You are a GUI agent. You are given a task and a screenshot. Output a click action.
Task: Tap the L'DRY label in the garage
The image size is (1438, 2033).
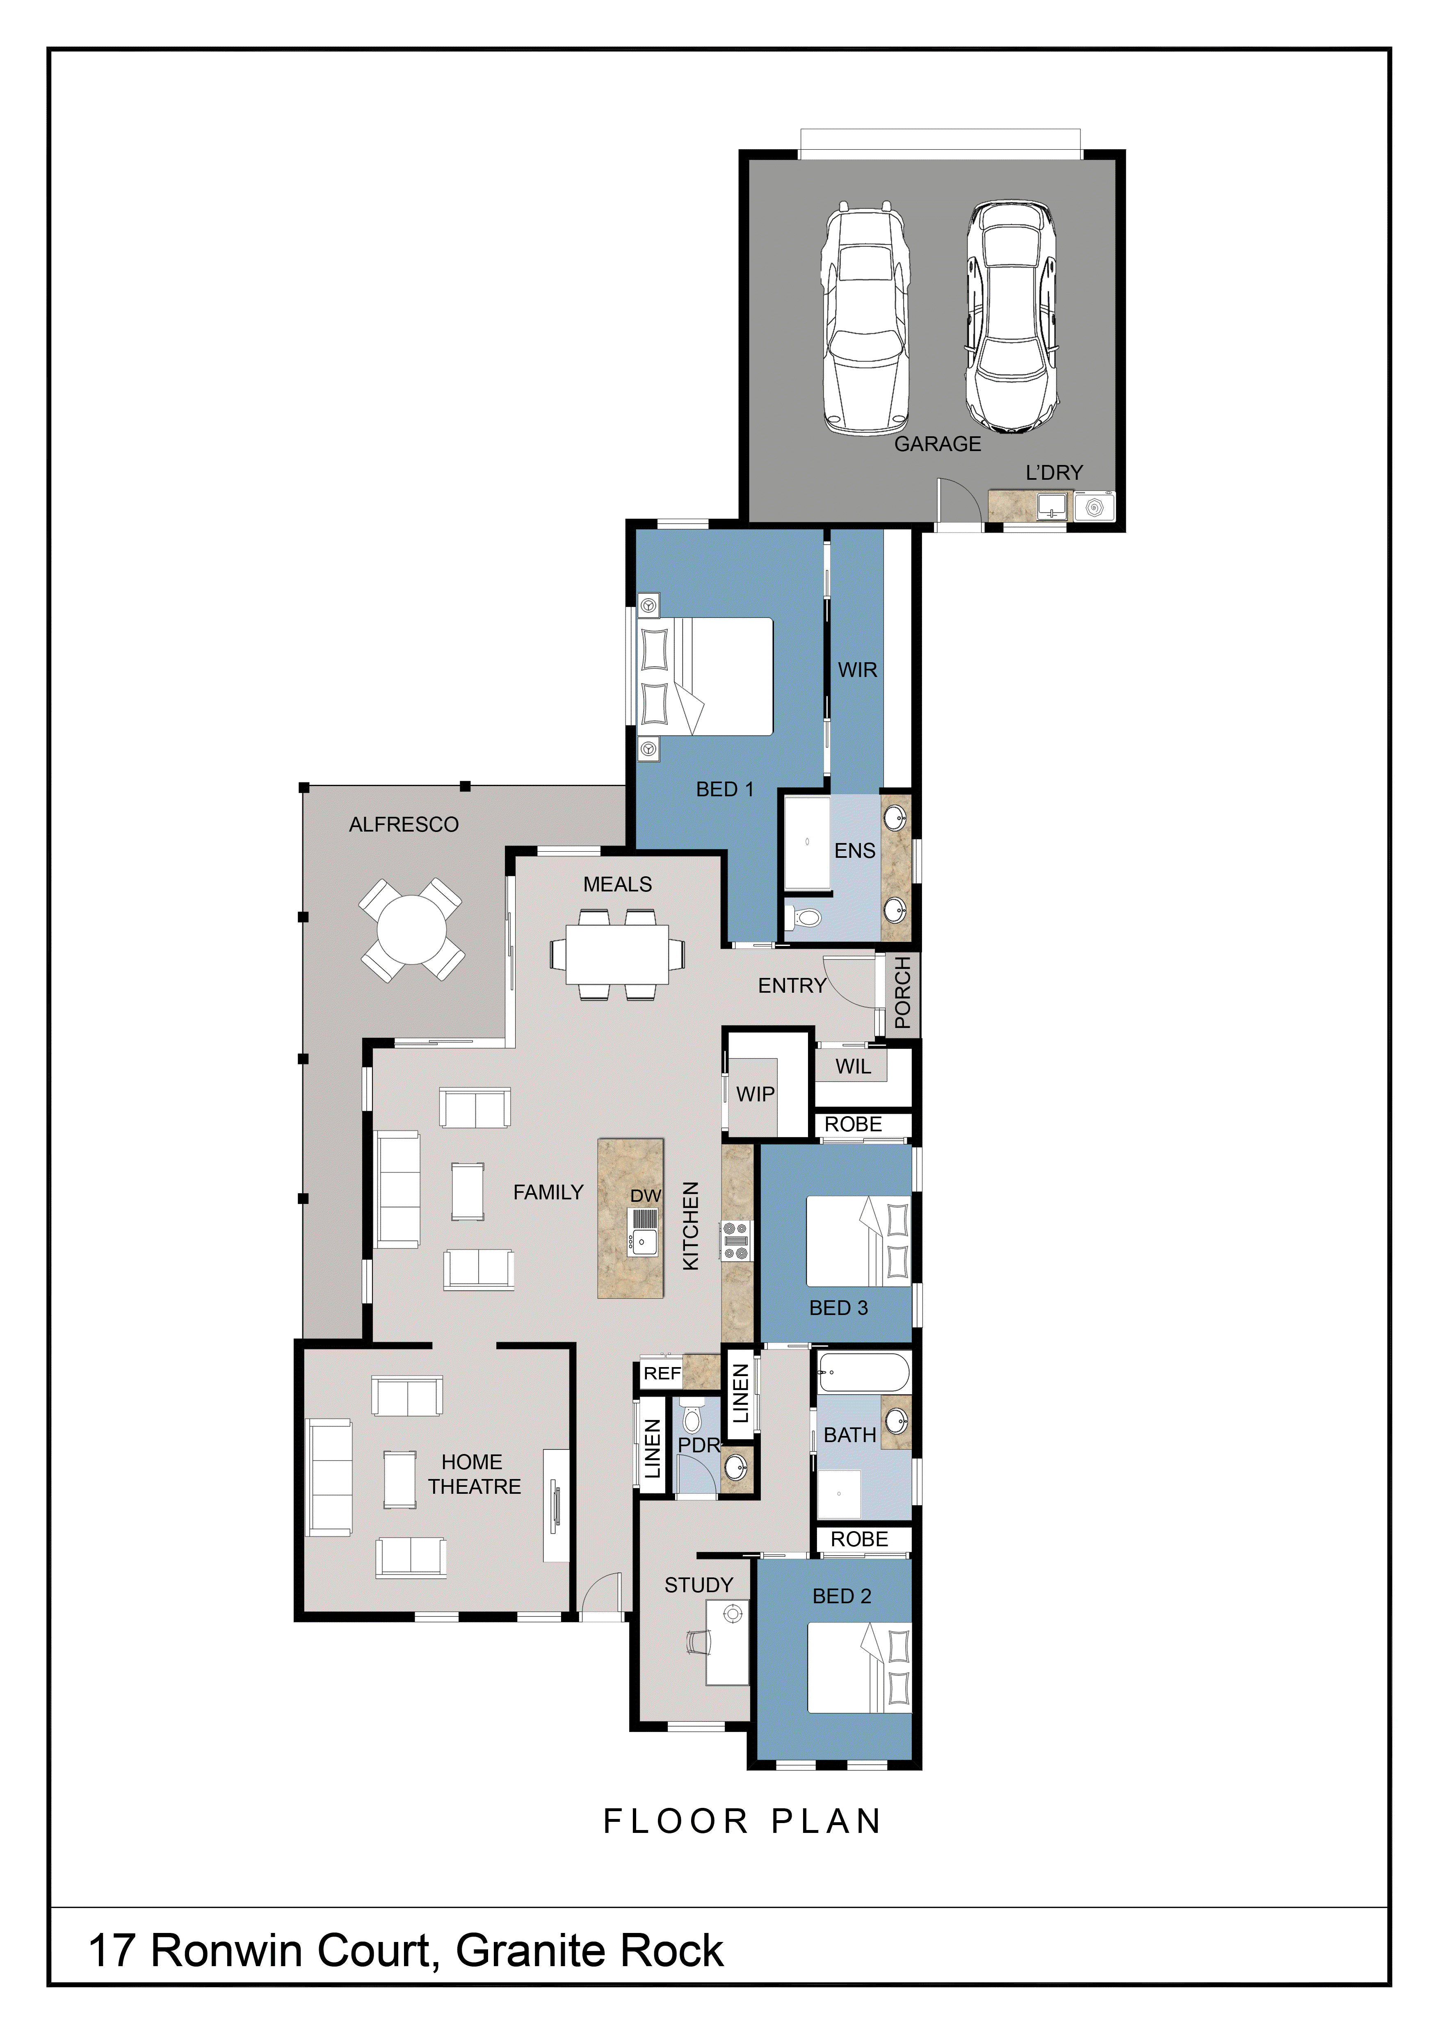1054,473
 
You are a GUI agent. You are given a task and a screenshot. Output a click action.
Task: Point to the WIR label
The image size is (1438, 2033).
857,670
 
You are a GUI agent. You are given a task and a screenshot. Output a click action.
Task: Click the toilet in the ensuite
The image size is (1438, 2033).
804,917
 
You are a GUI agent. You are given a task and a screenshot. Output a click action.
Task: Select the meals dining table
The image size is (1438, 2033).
617,955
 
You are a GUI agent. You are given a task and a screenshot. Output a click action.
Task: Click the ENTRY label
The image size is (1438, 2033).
792,985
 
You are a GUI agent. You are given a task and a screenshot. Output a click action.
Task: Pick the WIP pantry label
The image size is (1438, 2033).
756,1094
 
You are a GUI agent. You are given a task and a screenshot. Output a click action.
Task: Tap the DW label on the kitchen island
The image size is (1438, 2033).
646,1195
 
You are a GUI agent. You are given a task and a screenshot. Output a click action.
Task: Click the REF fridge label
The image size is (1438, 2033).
662,1373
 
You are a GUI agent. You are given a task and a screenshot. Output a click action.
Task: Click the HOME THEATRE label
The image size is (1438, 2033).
474,1474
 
